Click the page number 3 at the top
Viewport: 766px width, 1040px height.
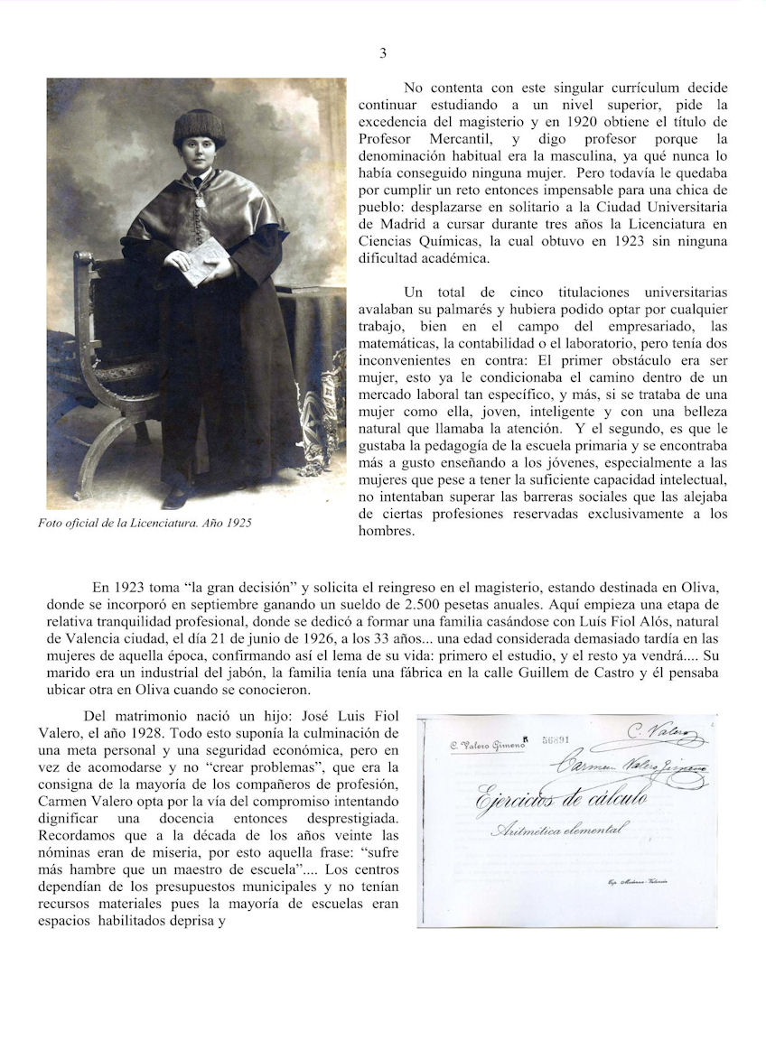pyautogui.click(x=383, y=53)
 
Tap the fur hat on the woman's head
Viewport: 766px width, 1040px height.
pyautogui.click(x=200, y=127)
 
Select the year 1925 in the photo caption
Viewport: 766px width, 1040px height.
pyautogui.click(x=236, y=523)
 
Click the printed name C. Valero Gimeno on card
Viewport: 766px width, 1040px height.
pyautogui.click(x=487, y=745)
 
